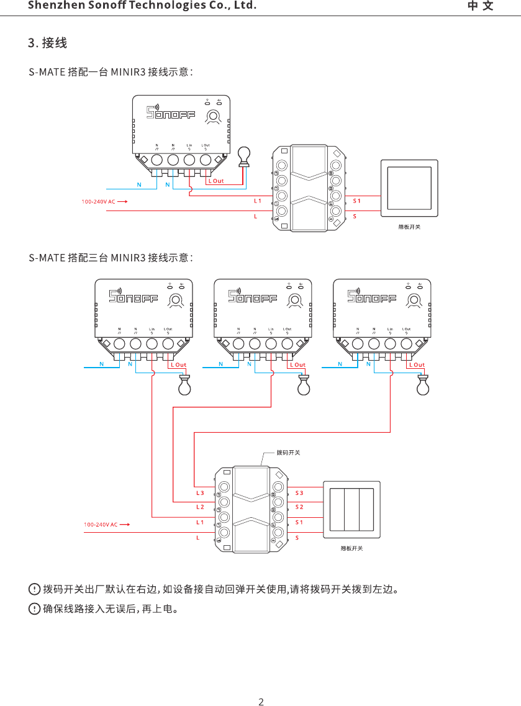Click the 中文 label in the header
point(481,6)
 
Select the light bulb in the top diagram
point(245,155)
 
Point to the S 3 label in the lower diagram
point(299,492)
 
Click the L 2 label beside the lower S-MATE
point(200,507)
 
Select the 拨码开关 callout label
point(288,452)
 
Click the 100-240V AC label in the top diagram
point(99,202)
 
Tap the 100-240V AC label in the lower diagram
point(101,525)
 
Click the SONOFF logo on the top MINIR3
point(170,112)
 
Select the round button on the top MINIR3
point(214,115)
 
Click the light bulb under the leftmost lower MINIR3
point(184,386)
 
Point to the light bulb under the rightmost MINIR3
point(423,386)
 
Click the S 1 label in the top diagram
point(356,201)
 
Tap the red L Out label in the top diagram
point(215,181)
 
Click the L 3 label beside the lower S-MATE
point(200,492)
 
